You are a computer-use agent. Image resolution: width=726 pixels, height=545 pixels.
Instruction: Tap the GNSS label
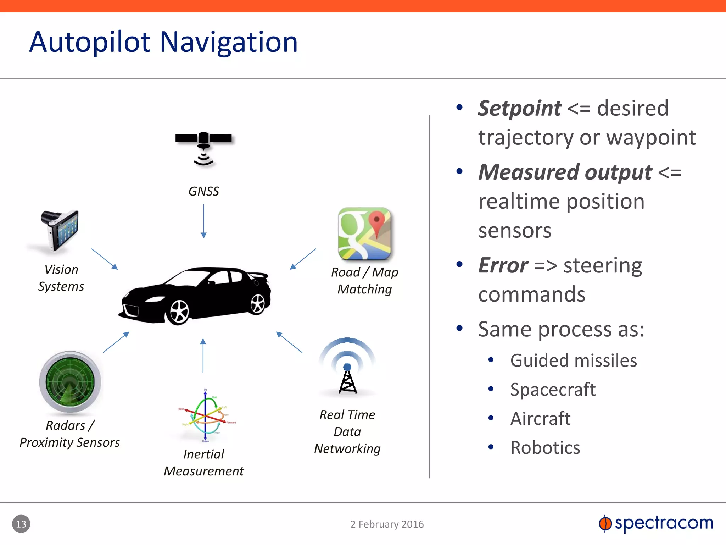pyautogui.click(x=203, y=192)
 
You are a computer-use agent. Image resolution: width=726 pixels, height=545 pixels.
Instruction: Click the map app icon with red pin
pyautogui.click(x=364, y=234)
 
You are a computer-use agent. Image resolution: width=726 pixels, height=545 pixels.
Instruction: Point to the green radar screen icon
pyautogui.click(x=70, y=382)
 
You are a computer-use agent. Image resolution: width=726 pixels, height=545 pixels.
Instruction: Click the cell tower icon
pyautogui.click(x=347, y=369)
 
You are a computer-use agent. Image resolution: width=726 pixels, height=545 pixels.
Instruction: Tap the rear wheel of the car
pyautogui.click(x=258, y=304)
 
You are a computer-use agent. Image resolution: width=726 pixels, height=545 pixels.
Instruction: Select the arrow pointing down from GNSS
pyautogui.click(x=203, y=221)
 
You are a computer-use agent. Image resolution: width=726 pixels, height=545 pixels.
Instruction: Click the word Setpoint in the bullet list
pyautogui.click(x=519, y=108)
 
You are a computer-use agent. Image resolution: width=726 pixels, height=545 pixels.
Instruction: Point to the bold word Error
pyautogui.click(x=503, y=265)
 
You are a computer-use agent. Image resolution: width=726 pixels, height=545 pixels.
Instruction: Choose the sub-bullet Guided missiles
pyautogui.click(x=573, y=360)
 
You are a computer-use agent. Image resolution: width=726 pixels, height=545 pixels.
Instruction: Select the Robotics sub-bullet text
pyautogui.click(x=545, y=448)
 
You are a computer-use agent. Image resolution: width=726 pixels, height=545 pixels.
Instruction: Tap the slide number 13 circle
pyautogui.click(x=21, y=524)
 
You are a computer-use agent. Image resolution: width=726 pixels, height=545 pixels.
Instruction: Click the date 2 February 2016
pyautogui.click(x=387, y=524)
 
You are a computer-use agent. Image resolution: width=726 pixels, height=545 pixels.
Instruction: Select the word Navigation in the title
pyautogui.click(x=229, y=43)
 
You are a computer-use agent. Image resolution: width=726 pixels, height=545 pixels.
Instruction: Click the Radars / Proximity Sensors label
pyautogui.click(x=70, y=434)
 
